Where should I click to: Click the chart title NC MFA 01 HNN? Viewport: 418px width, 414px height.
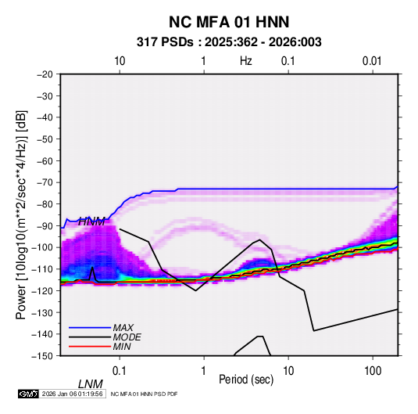[229, 22]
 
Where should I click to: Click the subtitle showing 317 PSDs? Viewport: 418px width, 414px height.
[229, 42]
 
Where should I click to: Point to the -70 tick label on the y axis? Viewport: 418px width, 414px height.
[45, 182]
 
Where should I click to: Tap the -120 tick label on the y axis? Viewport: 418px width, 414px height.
[43, 291]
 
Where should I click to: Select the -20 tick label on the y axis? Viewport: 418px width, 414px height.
[45, 74]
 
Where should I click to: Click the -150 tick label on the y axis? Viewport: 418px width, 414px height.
[43, 356]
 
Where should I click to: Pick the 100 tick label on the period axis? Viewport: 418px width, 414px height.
[373, 371]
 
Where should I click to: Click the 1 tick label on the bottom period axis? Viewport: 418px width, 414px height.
[204, 371]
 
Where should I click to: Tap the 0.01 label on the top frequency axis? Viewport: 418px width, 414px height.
[372, 61]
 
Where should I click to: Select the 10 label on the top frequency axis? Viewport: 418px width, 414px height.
[120, 61]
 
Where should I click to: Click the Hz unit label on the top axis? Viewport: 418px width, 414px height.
[246, 61]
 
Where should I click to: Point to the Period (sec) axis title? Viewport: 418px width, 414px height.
[246, 380]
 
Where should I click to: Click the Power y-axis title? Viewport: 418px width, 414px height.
[21, 215]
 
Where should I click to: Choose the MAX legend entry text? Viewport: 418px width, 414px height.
[123, 328]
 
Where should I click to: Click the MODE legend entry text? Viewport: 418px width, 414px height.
[127, 337]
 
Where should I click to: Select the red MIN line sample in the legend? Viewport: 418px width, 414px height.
[90, 347]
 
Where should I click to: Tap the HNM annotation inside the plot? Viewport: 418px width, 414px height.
[91, 221]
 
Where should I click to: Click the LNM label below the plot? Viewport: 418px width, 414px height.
[90, 384]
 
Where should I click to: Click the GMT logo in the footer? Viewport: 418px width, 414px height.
[28, 394]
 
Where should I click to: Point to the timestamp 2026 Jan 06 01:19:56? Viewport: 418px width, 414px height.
[72, 394]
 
